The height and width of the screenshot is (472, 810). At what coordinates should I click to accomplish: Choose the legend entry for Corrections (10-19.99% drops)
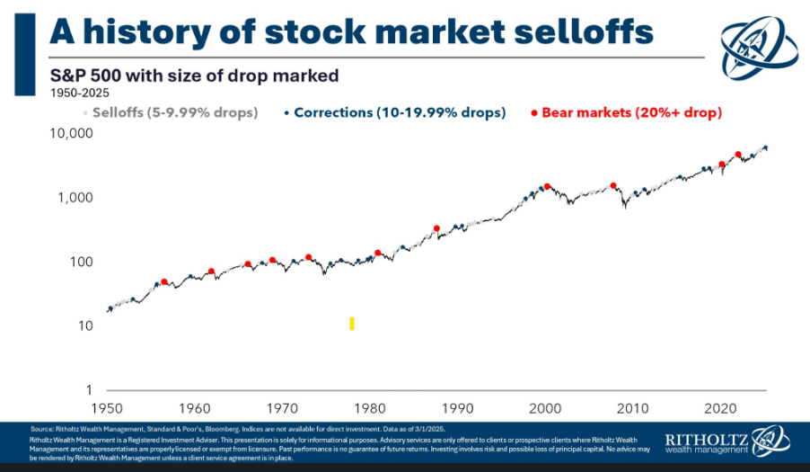[395, 112]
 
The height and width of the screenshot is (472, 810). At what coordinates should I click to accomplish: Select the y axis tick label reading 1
[90, 390]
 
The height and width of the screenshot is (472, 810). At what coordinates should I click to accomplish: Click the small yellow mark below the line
[352, 324]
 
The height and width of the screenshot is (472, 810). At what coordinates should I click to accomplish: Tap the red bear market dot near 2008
[613, 186]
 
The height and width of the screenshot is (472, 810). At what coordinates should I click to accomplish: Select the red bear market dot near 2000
[547, 187]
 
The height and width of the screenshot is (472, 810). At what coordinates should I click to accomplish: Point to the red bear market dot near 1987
[436, 228]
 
